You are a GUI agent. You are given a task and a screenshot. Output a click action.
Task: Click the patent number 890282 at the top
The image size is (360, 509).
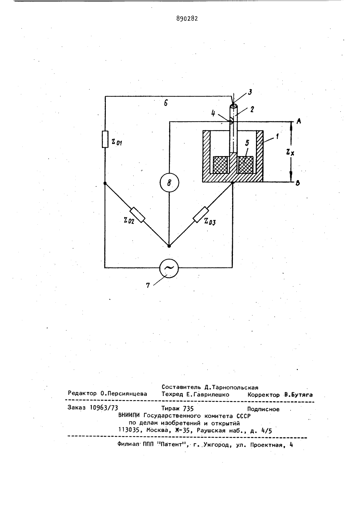187,19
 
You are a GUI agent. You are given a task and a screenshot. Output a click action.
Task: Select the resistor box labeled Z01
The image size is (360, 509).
105,139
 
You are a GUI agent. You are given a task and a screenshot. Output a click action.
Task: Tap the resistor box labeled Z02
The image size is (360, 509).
137,215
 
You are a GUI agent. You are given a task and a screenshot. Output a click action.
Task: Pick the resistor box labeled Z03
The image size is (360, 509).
201,215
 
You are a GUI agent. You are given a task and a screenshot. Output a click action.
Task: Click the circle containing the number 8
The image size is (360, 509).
169,183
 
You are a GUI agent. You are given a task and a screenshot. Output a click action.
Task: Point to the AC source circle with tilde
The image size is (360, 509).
169,268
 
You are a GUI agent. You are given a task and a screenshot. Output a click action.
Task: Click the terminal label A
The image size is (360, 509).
299,121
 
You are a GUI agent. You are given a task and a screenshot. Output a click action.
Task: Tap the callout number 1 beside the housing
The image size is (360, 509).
277,136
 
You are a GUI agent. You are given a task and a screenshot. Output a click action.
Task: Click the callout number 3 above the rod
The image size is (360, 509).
250,92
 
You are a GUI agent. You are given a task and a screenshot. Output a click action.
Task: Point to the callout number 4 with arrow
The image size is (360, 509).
213,113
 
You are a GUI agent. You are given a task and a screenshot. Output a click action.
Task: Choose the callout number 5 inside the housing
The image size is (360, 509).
247,143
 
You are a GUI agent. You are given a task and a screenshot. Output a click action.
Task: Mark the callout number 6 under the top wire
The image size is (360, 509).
166,103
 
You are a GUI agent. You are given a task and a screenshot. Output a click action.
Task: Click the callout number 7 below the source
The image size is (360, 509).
148,285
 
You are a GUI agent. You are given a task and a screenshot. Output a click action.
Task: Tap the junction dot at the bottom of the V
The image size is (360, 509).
169,246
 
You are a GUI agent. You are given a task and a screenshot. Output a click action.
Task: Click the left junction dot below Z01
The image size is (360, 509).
105,183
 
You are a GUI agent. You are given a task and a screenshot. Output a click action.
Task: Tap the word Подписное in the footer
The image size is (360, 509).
263,409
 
